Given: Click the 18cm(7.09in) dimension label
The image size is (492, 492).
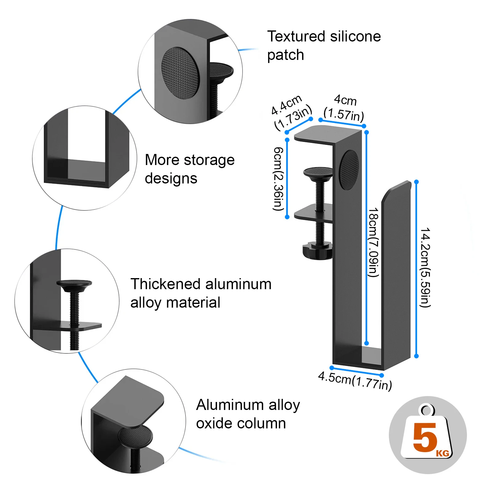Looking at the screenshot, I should [373, 242].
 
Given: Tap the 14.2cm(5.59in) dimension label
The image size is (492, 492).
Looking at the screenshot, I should [425, 267].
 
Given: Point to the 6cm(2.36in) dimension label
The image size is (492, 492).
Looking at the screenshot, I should [278, 179].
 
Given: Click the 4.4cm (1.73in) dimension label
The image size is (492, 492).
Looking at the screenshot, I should [291, 112].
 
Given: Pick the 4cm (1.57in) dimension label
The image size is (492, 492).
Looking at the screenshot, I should [344, 108].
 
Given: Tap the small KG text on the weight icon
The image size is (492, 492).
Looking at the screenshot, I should [443, 453].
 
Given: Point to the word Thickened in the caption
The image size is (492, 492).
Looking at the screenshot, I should [165, 284].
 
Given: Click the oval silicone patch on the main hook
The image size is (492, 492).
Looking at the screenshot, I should [349, 170].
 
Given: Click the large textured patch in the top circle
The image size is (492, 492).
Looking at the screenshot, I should [180, 73].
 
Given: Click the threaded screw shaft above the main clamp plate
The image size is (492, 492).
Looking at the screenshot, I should [320, 194].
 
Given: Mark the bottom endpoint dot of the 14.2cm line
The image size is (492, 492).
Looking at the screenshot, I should [416, 356].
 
